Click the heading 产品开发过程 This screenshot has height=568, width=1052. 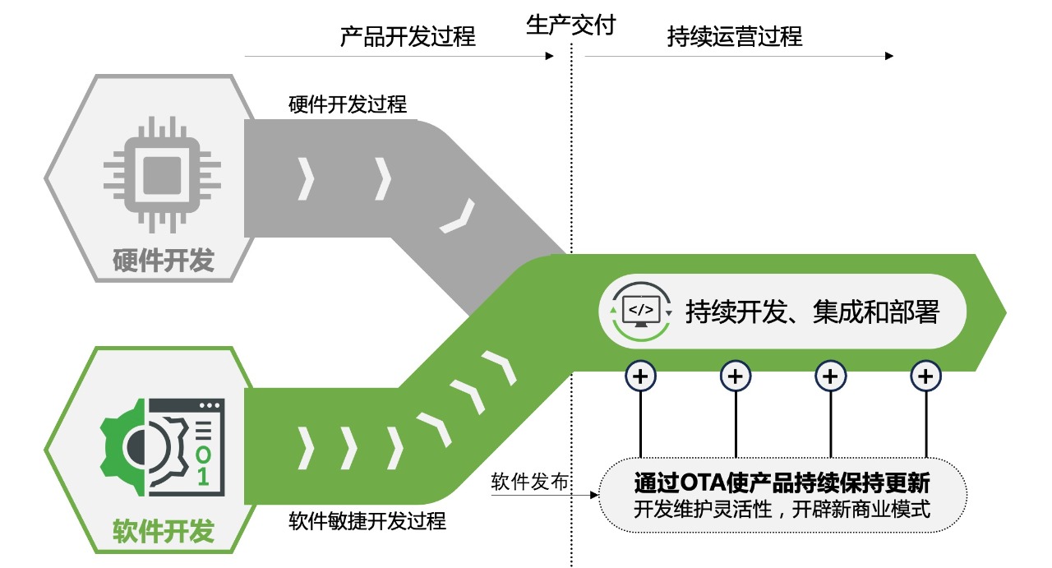click(x=408, y=37)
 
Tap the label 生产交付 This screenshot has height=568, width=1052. click(x=570, y=25)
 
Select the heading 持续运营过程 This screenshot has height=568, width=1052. click(x=734, y=37)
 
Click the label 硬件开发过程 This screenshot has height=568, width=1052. click(x=348, y=105)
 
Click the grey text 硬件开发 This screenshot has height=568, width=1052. click(x=163, y=261)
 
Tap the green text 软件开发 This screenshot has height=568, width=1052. click(x=163, y=531)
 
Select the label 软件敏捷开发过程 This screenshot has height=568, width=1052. click(x=367, y=520)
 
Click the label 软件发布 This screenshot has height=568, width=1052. click(x=529, y=482)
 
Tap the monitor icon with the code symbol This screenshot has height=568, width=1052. click(x=641, y=311)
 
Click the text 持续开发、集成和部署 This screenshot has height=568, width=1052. click(x=812, y=312)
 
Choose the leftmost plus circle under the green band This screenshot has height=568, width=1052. click(x=641, y=376)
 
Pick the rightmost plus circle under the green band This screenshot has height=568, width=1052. click(x=925, y=376)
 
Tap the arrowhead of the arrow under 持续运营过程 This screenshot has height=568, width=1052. click(x=888, y=56)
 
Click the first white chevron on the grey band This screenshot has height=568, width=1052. click(x=307, y=178)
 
